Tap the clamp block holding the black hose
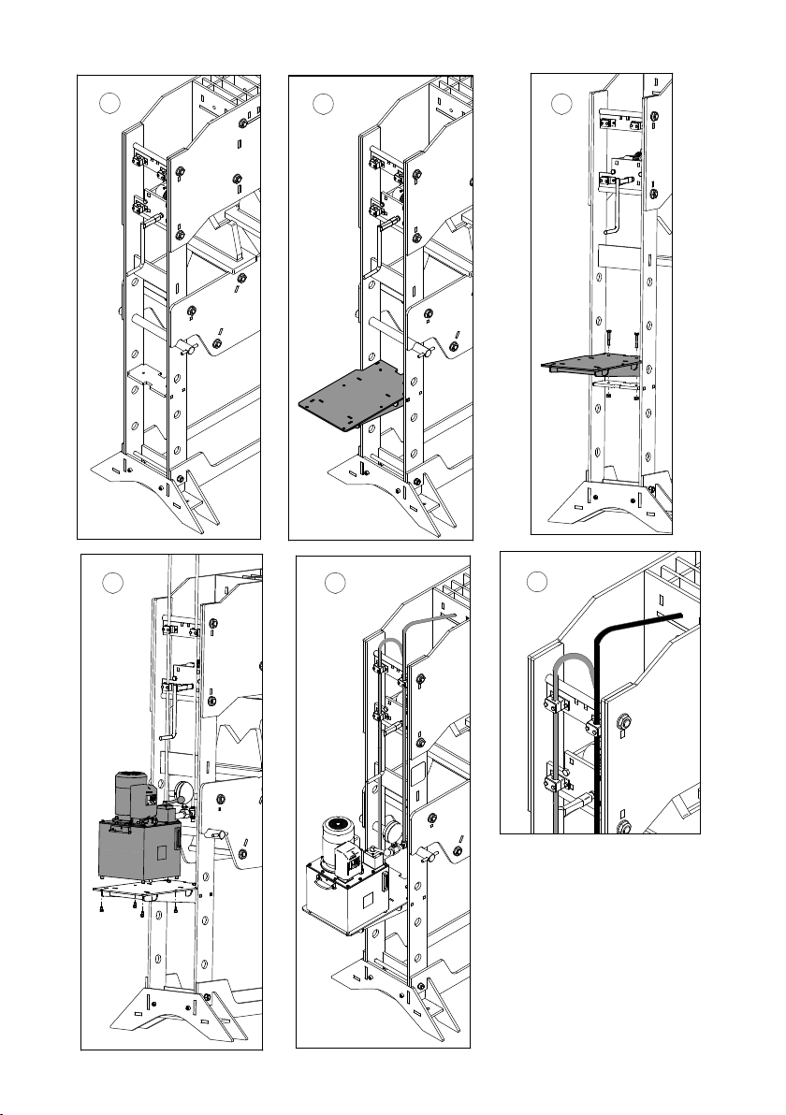click(x=592, y=726)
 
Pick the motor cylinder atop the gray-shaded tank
click(x=132, y=790)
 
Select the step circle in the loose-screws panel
click(x=560, y=104)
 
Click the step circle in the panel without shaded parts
click(x=111, y=104)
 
